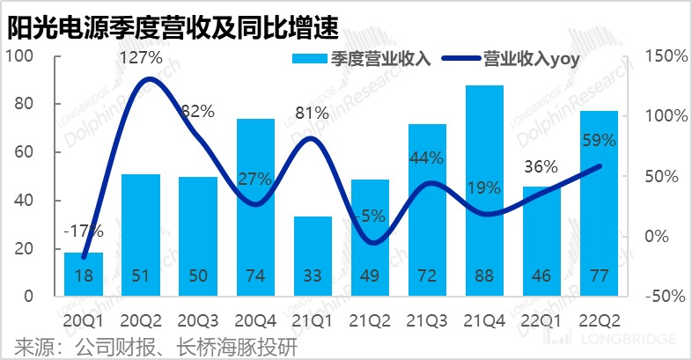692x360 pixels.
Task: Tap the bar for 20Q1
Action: click(x=84, y=275)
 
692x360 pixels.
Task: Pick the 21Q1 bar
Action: click(x=313, y=255)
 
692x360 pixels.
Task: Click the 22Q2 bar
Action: click(x=599, y=202)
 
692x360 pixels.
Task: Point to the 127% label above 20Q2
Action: click(x=141, y=58)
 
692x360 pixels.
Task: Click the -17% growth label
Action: click(x=84, y=232)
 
